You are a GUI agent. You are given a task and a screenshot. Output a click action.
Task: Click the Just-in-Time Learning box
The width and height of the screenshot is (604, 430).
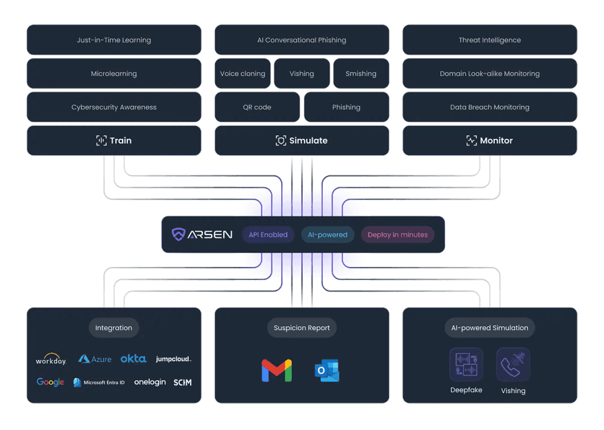(x=114, y=40)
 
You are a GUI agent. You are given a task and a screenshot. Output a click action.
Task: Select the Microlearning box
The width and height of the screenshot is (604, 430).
(x=114, y=73)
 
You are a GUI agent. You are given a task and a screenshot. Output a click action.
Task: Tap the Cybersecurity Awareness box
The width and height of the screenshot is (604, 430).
(x=114, y=107)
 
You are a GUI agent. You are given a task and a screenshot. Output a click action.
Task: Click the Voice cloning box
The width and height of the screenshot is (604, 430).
(x=243, y=73)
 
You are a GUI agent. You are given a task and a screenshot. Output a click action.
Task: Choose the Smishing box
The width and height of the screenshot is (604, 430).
(x=361, y=73)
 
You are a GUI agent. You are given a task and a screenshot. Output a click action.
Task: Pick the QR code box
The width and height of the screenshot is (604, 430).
(x=257, y=107)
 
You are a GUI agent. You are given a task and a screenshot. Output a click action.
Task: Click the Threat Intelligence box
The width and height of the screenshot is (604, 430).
(x=489, y=40)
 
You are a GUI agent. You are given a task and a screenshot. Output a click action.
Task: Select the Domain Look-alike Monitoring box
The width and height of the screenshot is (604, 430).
(x=489, y=73)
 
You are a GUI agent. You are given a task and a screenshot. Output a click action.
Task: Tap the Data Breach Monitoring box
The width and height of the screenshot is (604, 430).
(x=489, y=107)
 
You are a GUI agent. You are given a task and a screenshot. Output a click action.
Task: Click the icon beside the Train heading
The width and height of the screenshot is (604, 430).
(x=101, y=141)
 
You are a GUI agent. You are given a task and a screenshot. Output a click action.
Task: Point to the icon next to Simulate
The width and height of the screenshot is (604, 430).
(x=281, y=141)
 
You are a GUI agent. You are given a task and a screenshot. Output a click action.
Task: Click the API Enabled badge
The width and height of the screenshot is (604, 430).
(x=268, y=235)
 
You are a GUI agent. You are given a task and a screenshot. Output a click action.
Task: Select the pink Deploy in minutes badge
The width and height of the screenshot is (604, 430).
(x=398, y=235)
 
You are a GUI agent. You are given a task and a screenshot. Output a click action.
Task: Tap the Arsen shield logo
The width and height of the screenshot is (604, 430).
(x=179, y=235)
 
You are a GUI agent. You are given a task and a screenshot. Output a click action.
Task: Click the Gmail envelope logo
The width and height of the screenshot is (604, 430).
(x=276, y=371)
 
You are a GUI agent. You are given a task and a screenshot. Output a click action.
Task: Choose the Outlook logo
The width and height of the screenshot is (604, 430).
(x=327, y=371)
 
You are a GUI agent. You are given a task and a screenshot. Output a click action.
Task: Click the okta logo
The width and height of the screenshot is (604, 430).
(x=133, y=359)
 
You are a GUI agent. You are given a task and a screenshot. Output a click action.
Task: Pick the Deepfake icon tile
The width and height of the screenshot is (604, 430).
(x=466, y=365)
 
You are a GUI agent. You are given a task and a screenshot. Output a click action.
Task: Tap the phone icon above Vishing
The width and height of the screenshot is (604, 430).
(x=513, y=365)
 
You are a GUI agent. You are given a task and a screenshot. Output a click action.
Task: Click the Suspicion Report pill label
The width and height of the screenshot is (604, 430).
(x=302, y=328)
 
